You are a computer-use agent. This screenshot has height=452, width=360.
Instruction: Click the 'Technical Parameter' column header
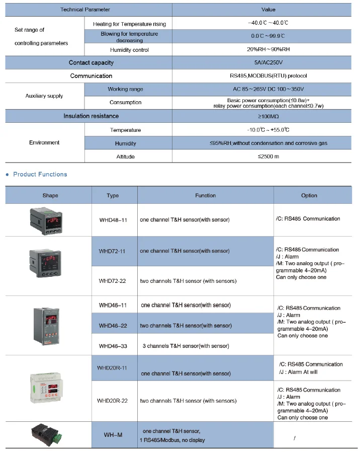pyautogui.click(x=85, y=10)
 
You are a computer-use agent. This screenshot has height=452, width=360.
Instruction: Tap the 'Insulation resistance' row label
pyautogui.click(x=91, y=116)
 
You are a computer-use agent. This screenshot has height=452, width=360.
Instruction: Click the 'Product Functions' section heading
pyautogui.click(x=40, y=174)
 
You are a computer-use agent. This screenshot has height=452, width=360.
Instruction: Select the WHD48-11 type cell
pyautogui.click(x=113, y=220)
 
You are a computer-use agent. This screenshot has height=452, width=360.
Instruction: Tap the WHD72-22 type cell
pyautogui.click(x=113, y=281)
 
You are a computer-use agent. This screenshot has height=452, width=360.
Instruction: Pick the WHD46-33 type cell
pyautogui.click(x=113, y=346)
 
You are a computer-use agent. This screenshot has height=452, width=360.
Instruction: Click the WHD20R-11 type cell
pyautogui.click(x=113, y=368)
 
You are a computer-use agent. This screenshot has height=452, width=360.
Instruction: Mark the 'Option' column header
pyautogui.click(x=309, y=196)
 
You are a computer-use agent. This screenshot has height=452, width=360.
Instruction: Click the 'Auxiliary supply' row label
pyautogui.click(x=44, y=96)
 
